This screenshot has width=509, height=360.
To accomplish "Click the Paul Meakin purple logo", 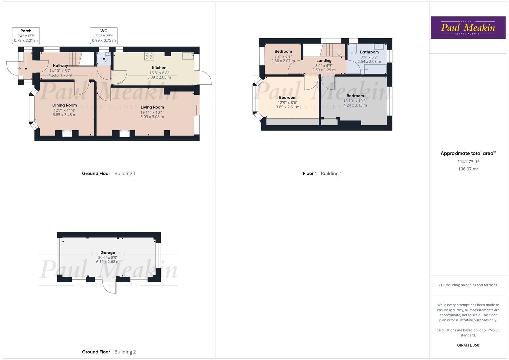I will pyautogui.click(x=468, y=27).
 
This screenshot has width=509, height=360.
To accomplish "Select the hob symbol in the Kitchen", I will pyautogui.click(x=149, y=56).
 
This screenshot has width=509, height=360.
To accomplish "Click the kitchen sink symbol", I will pyautogui.click(x=188, y=56).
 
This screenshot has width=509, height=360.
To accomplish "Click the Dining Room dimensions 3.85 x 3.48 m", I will pyautogui.click(x=64, y=115).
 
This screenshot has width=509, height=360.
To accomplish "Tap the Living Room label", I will pyautogui.click(x=152, y=107).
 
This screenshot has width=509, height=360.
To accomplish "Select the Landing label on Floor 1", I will pyautogui.click(x=324, y=61).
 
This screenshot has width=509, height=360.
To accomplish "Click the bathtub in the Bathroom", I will pyautogui.click(x=375, y=69).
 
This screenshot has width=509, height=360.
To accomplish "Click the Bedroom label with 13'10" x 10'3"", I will pyautogui.click(x=355, y=96).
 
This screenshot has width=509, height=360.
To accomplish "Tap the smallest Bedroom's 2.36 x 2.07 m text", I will pyautogui.click(x=283, y=61).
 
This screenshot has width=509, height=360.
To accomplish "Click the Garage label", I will pyautogui.click(x=108, y=253).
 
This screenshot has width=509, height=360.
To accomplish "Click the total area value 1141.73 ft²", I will pyautogui.click(x=468, y=162).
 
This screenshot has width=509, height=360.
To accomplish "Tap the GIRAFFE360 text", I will pyautogui.click(x=468, y=345).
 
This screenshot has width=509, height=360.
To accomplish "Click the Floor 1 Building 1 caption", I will pyautogui.click(x=322, y=173).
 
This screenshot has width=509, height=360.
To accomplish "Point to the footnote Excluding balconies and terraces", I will pyautogui.click(x=468, y=285).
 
